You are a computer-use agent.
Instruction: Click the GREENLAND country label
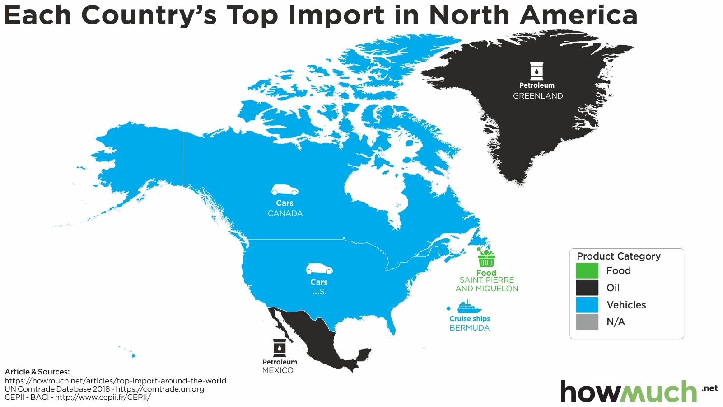point(538,96)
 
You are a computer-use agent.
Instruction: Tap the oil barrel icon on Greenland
point(536,71)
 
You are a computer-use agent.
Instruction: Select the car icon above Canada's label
point(285,190)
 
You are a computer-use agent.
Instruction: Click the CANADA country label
point(285,213)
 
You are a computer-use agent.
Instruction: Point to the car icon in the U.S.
point(319,269)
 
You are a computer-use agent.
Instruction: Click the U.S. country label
point(319,292)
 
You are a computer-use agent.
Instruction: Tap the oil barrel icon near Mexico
point(280,348)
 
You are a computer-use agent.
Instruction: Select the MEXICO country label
point(278,370)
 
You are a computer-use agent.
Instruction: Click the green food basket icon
point(486,259)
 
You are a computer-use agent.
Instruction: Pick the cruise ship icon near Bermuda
point(469,308)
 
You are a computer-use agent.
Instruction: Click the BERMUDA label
point(469,328)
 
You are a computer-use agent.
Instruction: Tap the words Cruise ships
point(470,319)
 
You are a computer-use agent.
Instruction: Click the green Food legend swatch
point(587,270)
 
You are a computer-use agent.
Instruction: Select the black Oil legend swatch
point(587,288)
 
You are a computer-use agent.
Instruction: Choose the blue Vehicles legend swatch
point(587,305)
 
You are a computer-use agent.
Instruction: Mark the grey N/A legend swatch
point(587,322)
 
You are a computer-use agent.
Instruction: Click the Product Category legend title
point(619,256)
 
